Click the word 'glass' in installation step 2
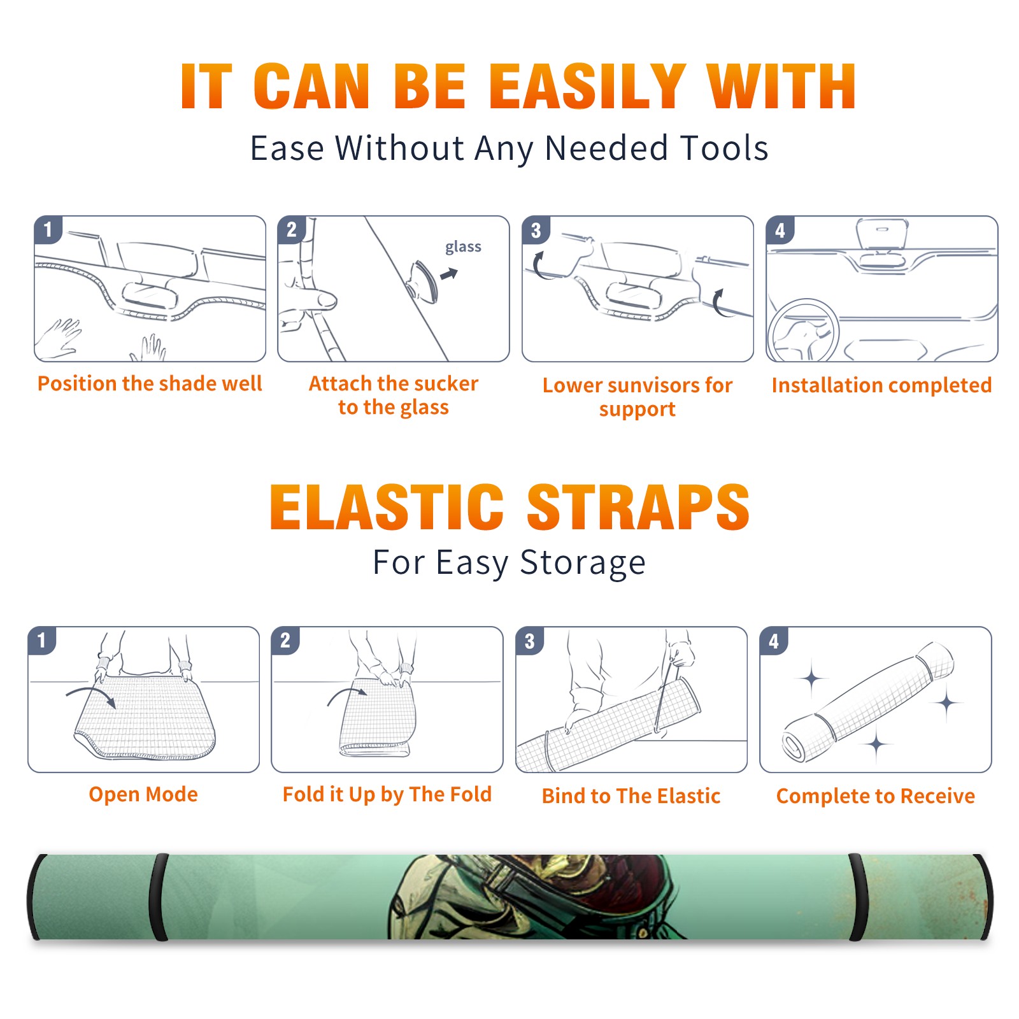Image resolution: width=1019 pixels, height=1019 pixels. (463, 247)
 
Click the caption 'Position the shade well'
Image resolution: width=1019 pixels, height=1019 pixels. (150, 383)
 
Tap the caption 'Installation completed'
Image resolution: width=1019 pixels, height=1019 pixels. (881, 385)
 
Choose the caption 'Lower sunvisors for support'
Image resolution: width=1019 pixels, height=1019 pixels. (638, 397)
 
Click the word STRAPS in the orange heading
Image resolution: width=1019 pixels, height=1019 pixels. (638, 507)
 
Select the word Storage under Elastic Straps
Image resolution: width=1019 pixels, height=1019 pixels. (583, 563)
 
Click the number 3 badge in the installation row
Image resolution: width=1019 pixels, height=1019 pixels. (536, 230)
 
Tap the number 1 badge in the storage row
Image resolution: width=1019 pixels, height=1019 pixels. (42, 640)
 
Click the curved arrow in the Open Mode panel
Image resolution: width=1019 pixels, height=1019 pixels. (91, 694)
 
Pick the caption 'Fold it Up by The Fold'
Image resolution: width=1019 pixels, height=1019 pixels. (387, 794)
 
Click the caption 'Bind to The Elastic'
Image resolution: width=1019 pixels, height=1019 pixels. (631, 796)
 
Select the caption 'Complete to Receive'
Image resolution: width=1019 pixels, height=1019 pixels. (876, 796)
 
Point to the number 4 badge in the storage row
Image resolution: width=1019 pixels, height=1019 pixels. (774, 641)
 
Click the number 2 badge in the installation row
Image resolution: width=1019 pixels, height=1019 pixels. (292, 229)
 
